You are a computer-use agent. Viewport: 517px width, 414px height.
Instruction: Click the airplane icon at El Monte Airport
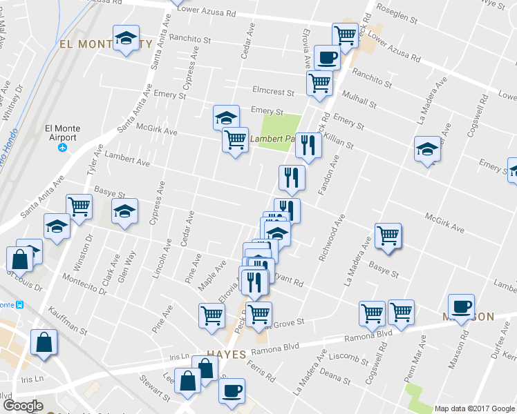coord(63,148)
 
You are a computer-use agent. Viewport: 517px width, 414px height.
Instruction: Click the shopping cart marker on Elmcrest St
coord(319,82)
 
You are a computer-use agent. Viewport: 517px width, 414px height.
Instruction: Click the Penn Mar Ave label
coord(423,358)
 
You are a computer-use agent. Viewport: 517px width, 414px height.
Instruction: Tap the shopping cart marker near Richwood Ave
coord(388,235)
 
